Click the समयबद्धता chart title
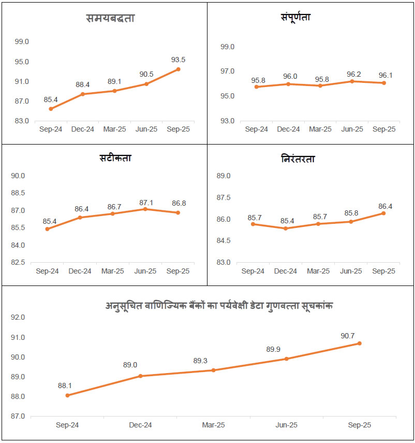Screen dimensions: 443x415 pyautogui.click(x=110, y=19)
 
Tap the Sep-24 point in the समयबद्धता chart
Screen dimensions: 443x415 pyautogui.click(x=51, y=109)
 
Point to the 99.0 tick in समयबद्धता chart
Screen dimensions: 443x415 pyautogui.click(x=21, y=42)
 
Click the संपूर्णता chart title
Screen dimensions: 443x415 pyautogui.click(x=292, y=17)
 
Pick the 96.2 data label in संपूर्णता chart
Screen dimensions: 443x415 pyautogui.click(x=352, y=73)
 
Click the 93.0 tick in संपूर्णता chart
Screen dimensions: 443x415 pyautogui.click(x=228, y=121)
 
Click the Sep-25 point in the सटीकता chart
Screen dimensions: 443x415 pyautogui.click(x=178, y=212)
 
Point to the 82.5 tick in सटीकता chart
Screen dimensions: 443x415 pyautogui.click(x=18, y=262)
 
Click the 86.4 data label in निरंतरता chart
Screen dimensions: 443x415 pyautogui.click(x=383, y=206)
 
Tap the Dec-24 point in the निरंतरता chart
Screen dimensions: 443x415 pyautogui.click(x=286, y=228)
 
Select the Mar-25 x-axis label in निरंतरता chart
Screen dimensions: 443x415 pyautogui.click(x=318, y=271)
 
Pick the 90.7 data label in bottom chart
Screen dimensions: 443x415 pyautogui.click(x=359, y=336)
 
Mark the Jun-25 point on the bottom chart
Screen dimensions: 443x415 pyautogui.click(x=286, y=359)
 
